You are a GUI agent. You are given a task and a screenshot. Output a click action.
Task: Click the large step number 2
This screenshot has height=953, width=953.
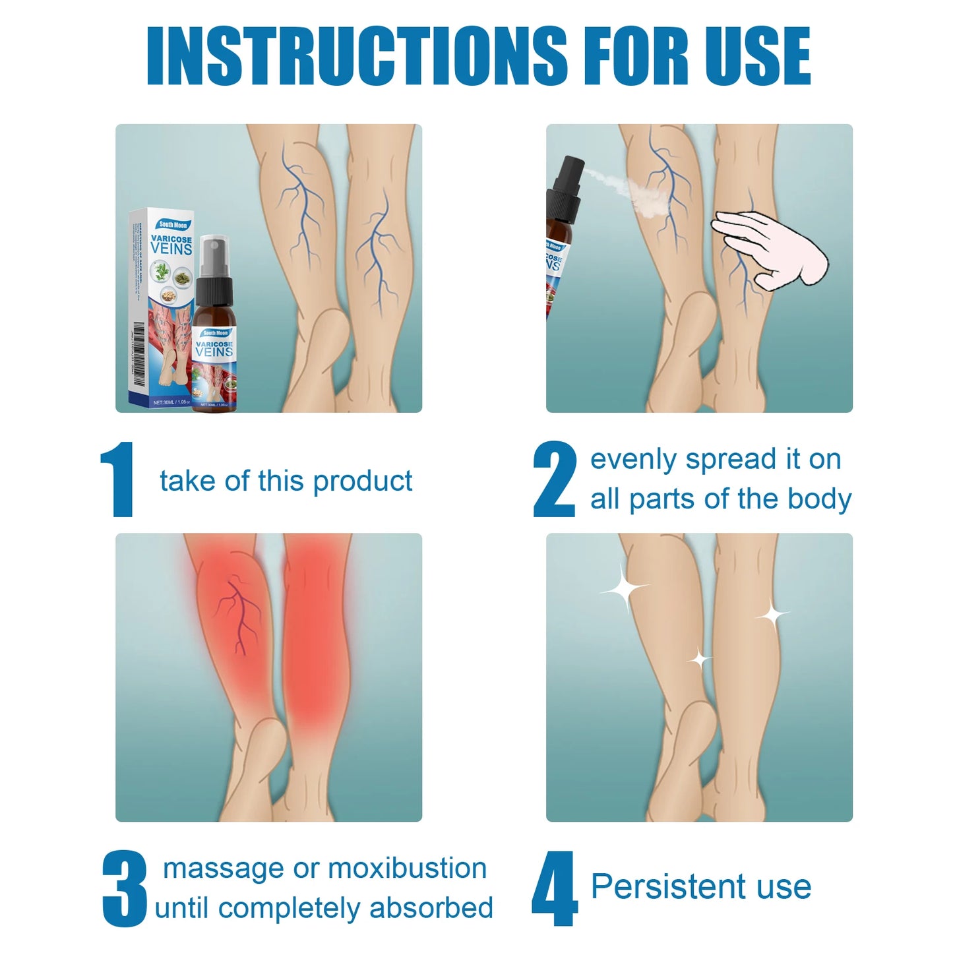coord(554,479)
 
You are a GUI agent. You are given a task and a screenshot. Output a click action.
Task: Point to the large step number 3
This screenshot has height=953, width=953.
coord(124,888)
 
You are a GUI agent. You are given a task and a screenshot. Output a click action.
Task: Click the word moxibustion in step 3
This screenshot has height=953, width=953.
coord(407,869)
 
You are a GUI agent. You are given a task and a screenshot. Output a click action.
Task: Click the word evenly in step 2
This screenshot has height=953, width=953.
coord(633,460)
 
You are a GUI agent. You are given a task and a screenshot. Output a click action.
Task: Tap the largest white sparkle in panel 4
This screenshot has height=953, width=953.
coord(623,587)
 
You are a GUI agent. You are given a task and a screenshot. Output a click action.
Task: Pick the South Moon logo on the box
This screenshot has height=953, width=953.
coord(173,225)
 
